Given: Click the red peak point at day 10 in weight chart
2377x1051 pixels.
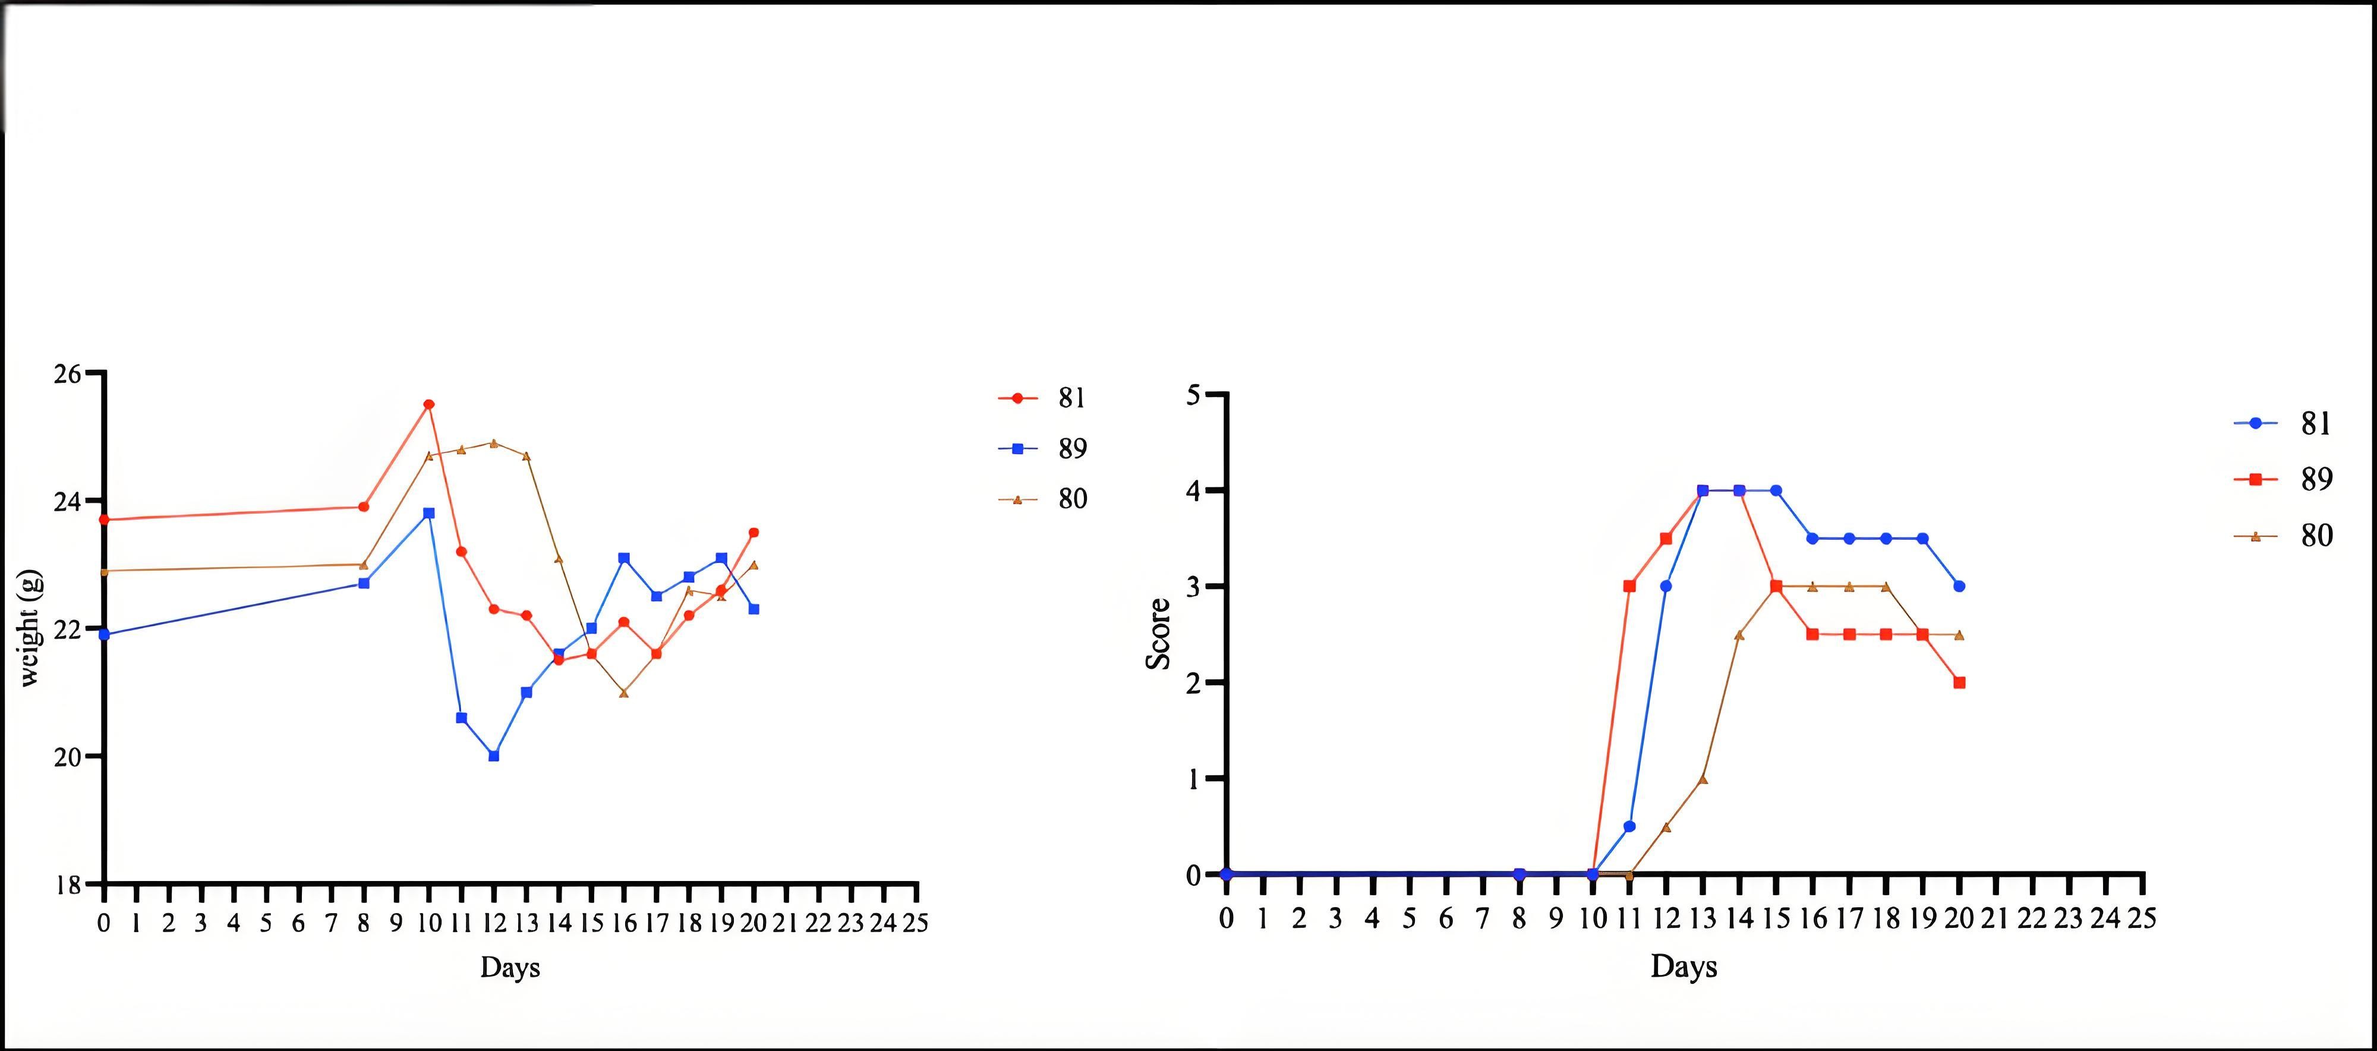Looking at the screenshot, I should click(x=428, y=404).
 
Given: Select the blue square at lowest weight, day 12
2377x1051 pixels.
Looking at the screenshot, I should click(x=494, y=756).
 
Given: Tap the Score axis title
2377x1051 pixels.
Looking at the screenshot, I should click(x=1159, y=634).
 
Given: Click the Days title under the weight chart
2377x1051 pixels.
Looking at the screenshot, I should click(x=509, y=968).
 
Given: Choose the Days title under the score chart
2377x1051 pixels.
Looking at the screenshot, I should click(x=1684, y=967).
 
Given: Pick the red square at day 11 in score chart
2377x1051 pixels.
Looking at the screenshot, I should click(x=1629, y=586).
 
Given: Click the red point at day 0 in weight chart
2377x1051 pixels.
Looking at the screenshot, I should click(x=104, y=520).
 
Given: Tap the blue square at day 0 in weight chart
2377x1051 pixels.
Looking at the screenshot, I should click(x=104, y=635).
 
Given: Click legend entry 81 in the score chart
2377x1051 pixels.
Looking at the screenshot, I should click(x=2316, y=423).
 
